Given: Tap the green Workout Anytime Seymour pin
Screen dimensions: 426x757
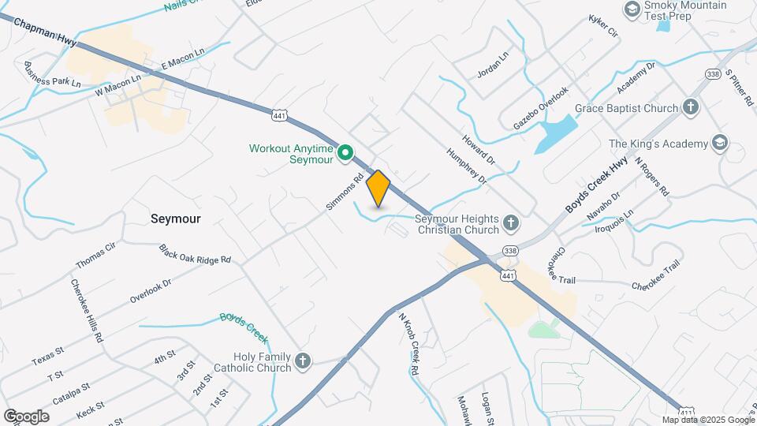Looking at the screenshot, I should click(345, 153).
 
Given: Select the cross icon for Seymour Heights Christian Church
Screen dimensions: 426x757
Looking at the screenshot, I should click(510, 224).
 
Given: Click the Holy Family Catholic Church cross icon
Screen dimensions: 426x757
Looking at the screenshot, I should click(302, 362).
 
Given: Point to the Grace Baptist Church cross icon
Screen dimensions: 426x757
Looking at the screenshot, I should click(690, 107).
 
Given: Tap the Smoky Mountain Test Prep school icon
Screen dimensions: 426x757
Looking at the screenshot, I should click(632, 9).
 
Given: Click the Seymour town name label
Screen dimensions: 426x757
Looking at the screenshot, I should click(175, 219).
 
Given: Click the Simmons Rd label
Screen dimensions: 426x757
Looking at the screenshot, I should click(345, 192).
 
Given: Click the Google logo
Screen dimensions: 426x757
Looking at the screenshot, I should click(26, 416).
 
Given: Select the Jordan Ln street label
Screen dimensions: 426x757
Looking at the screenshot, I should click(494, 65).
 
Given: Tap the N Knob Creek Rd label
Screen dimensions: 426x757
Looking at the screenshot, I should click(408, 343).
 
